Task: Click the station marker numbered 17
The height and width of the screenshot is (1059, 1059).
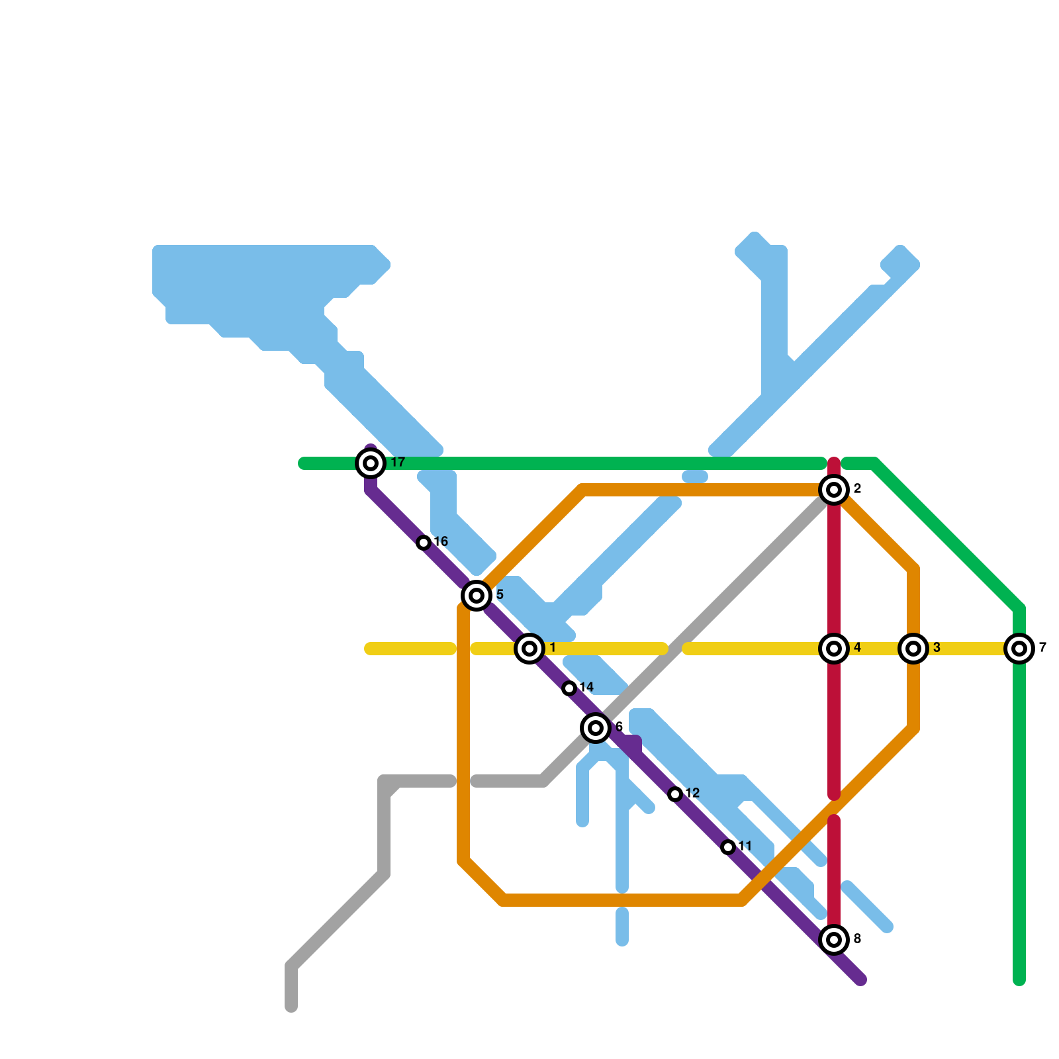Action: point(371,463)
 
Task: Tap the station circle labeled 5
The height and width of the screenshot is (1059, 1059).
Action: point(477,596)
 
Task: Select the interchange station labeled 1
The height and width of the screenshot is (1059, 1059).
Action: point(529,649)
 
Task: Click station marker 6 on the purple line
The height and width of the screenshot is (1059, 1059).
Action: point(596,728)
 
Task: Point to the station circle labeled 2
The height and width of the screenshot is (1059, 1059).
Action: point(834,490)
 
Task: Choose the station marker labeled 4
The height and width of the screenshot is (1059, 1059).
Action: point(834,649)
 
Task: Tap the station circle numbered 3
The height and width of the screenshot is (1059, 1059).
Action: point(913,649)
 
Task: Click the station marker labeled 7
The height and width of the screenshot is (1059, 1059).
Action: point(1019,649)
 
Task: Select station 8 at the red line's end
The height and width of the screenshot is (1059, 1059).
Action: point(834,940)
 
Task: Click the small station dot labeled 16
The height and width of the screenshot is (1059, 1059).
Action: point(424,543)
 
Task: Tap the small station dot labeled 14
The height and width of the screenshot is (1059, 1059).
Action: point(569,688)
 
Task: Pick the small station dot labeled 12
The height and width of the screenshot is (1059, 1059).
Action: point(675,794)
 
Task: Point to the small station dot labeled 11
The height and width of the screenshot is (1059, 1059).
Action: point(728,847)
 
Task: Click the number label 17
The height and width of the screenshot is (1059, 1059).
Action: point(398,463)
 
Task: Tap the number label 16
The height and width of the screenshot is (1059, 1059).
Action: point(441,542)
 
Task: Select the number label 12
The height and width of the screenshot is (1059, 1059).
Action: point(692,794)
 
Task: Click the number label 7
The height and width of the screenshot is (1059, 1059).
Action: point(1042,648)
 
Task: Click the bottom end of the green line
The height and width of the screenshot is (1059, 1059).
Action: point(1019,980)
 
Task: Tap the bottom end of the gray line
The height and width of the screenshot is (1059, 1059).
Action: point(291,1006)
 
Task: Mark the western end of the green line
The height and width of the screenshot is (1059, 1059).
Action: point(304,463)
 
